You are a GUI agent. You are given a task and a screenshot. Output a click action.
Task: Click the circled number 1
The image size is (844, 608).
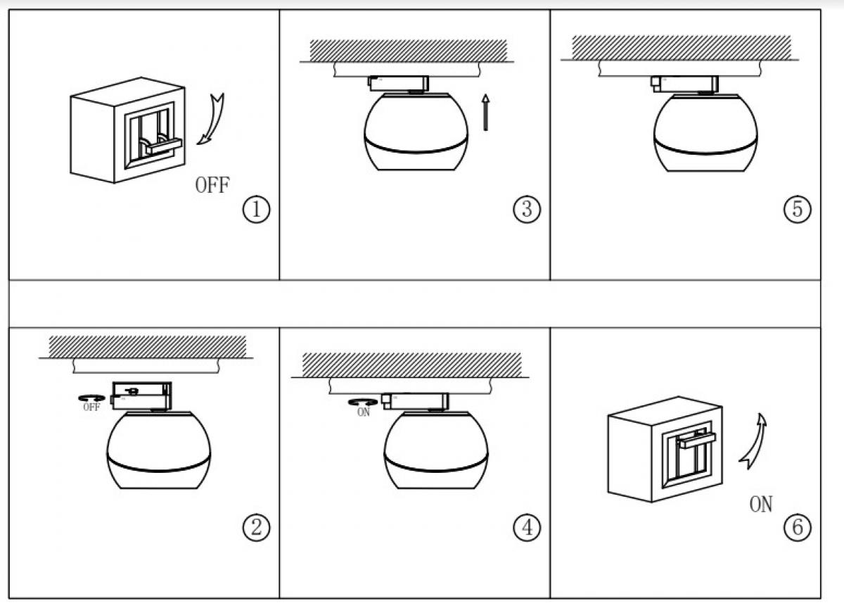(256, 210)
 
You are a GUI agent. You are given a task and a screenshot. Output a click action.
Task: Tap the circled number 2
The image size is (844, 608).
(256, 527)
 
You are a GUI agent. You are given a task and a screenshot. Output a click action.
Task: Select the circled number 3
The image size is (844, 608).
(527, 210)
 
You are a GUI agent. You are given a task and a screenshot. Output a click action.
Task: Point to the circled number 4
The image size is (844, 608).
(527, 527)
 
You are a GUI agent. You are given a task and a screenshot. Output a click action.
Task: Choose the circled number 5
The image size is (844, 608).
(797, 210)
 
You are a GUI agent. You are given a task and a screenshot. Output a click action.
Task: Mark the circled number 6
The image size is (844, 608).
(797, 527)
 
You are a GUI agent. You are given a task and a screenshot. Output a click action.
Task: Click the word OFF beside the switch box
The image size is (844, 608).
(212, 186)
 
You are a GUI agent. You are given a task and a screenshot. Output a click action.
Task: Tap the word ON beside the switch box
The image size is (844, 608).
(760, 504)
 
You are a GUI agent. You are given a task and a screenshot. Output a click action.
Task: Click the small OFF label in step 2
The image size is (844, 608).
(91, 407)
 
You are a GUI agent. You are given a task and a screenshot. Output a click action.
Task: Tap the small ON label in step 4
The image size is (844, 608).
(363, 412)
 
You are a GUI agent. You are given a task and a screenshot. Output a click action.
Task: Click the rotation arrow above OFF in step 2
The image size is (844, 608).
(91, 398)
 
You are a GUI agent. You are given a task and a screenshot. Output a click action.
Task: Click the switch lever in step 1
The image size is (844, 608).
(160, 146)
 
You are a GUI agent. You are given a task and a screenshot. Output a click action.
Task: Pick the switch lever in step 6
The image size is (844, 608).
(696, 441)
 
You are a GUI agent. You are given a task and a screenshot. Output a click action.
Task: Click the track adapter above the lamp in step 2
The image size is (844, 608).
(141, 394)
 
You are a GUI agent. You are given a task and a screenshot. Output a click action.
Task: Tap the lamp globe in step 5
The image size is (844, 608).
(705, 134)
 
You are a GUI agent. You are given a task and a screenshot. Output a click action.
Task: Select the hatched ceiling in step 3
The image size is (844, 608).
(408, 49)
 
